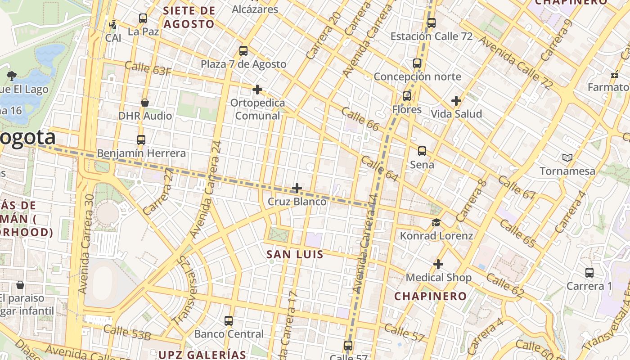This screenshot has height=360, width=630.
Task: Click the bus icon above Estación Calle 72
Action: click(x=431, y=22)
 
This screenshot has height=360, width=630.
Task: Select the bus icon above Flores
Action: click(x=407, y=96)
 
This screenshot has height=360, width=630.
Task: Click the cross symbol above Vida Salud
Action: click(x=456, y=101)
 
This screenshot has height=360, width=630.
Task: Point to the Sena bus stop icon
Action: click(x=422, y=151)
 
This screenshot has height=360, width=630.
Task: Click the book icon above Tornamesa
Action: click(x=567, y=157)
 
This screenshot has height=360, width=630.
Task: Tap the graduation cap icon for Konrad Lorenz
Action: click(x=436, y=223)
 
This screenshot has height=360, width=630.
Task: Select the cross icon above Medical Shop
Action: click(x=438, y=264)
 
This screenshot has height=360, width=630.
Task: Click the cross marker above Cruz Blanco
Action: click(x=297, y=188)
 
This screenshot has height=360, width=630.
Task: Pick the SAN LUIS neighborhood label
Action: click(x=295, y=254)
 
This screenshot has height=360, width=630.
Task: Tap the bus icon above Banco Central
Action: click(x=229, y=321)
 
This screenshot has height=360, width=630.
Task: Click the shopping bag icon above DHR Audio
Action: click(x=145, y=103)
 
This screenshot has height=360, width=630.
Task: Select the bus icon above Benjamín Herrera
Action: click(x=141, y=140)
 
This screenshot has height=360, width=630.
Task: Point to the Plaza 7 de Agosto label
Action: click(x=243, y=64)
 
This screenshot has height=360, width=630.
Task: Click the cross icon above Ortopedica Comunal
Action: click(x=257, y=90)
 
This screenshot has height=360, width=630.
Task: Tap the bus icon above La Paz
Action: click(x=143, y=18)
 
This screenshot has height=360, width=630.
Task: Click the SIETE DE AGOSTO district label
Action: click(x=189, y=17)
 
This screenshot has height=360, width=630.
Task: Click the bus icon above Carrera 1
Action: click(x=589, y=273)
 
